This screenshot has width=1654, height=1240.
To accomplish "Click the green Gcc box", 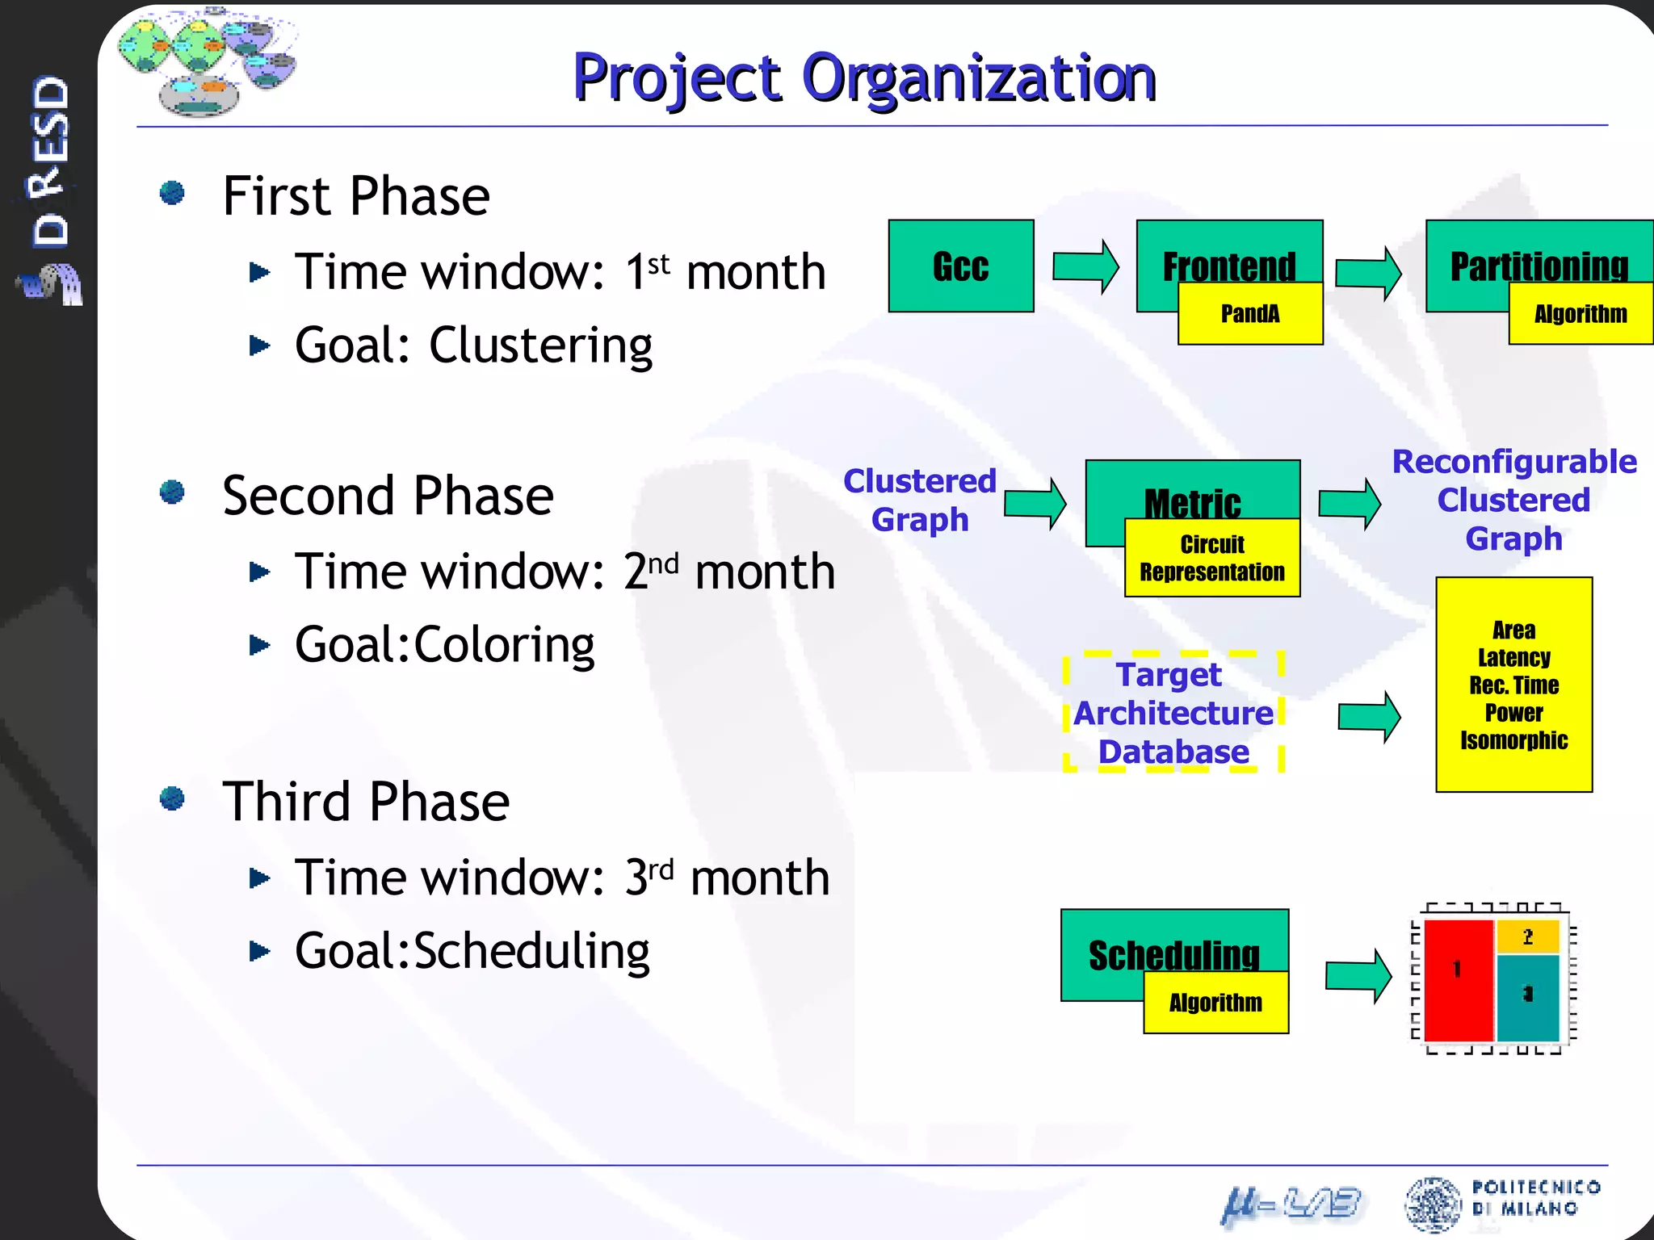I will click(960, 266).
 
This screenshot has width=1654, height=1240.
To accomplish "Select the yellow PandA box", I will click(1249, 314).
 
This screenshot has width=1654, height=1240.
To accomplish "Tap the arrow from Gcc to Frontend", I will click(1085, 266).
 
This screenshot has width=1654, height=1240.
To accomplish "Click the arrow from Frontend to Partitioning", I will click(1367, 273).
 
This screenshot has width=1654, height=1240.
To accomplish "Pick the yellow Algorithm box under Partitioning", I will click(1580, 314).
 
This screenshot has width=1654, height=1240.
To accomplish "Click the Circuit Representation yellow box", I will click(1211, 559).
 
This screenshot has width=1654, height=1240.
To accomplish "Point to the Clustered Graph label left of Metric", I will click(919, 500).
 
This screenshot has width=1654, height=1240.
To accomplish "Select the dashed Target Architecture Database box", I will click(1173, 712).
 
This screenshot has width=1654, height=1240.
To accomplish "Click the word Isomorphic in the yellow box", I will click(1513, 740).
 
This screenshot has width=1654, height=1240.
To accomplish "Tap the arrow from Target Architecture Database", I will click(1369, 716).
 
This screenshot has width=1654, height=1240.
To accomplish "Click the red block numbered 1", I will click(1458, 981).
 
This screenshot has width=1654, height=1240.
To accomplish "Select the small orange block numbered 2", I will click(1527, 937).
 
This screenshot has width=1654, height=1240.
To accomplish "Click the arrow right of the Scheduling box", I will click(1358, 976).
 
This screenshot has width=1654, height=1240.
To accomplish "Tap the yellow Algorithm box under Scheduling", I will click(1215, 1003).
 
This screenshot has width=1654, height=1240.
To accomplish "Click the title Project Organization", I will click(864, 78).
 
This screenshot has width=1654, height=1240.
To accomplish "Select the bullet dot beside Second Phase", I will click(172, 492).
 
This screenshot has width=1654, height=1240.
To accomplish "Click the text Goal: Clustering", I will click(473, 346).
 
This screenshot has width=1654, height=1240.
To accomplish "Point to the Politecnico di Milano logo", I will click(1502, 1202).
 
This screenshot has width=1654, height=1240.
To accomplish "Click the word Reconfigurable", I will click(1514, 462).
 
